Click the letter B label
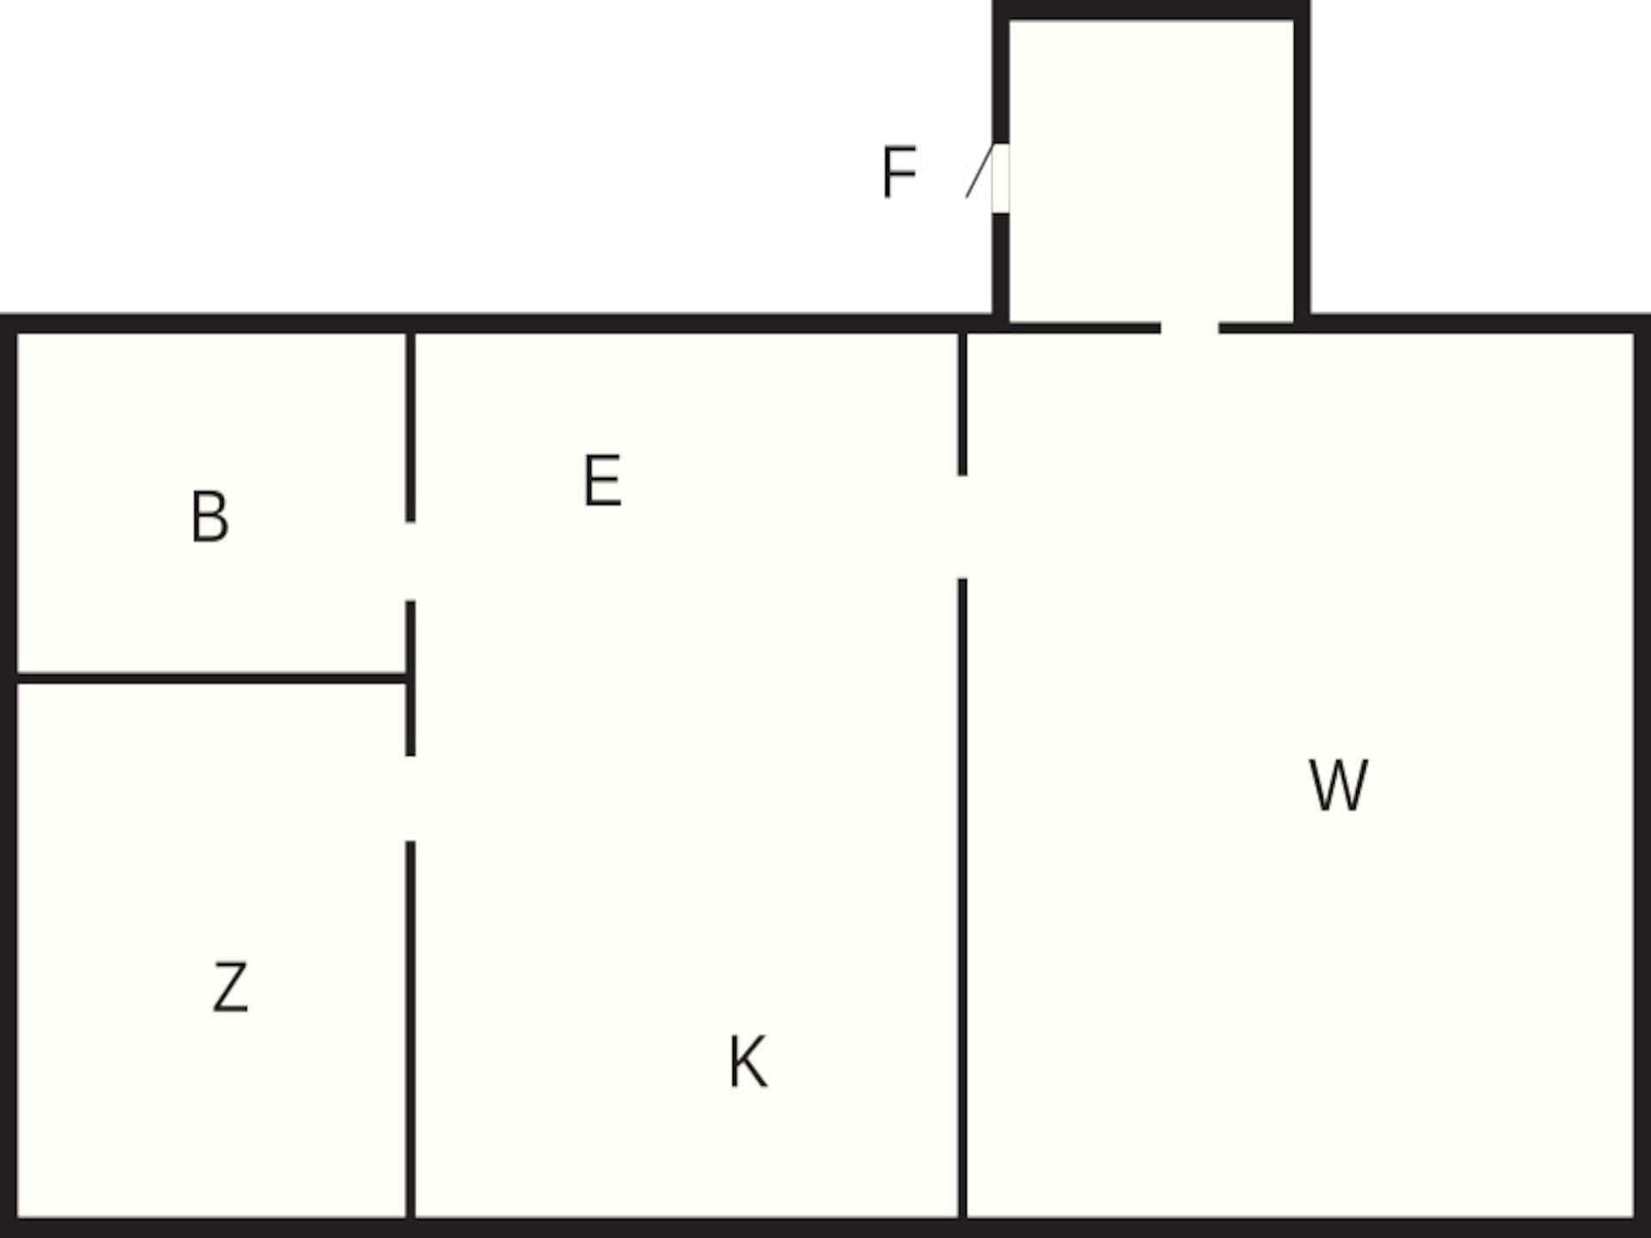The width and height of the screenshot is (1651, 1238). pos(210,517)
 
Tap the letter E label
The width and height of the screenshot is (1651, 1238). pos(602,481)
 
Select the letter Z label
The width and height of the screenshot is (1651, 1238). pos(230,987)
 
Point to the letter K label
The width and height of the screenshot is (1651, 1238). pos(747,1063)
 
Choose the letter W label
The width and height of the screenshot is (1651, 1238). pos(1338,784)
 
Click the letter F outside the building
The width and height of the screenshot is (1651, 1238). pos(899,173)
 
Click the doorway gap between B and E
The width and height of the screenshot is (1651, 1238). pos(410,561)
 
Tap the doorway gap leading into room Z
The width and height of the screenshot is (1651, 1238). pos(410,799)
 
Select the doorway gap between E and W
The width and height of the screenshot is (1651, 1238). pos(962,527)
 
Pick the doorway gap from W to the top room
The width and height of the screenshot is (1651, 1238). pos(1189,327)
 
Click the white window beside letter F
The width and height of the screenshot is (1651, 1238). pos(1000,178)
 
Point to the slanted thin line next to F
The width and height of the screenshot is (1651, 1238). pos(979,172)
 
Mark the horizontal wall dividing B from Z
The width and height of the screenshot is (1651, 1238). pos(212,678)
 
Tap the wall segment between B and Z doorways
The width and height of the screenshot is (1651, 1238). pos(410,678)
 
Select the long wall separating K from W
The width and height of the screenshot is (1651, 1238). pos(962,898)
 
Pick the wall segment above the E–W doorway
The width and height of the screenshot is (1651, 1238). pos(962,404)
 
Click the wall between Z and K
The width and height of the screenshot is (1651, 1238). pos(410,1030)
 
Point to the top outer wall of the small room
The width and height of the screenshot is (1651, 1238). pos(1151,10)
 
